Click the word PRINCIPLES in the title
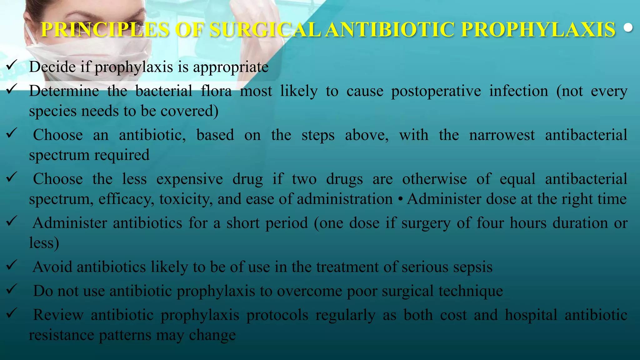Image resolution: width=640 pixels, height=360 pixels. point(105,30)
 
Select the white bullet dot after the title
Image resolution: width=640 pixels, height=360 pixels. point(628,28)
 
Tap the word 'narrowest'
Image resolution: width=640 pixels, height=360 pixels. point(502,135)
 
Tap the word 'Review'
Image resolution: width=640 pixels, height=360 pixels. point(58,315)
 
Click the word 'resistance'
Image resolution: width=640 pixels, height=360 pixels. point(61,335)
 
